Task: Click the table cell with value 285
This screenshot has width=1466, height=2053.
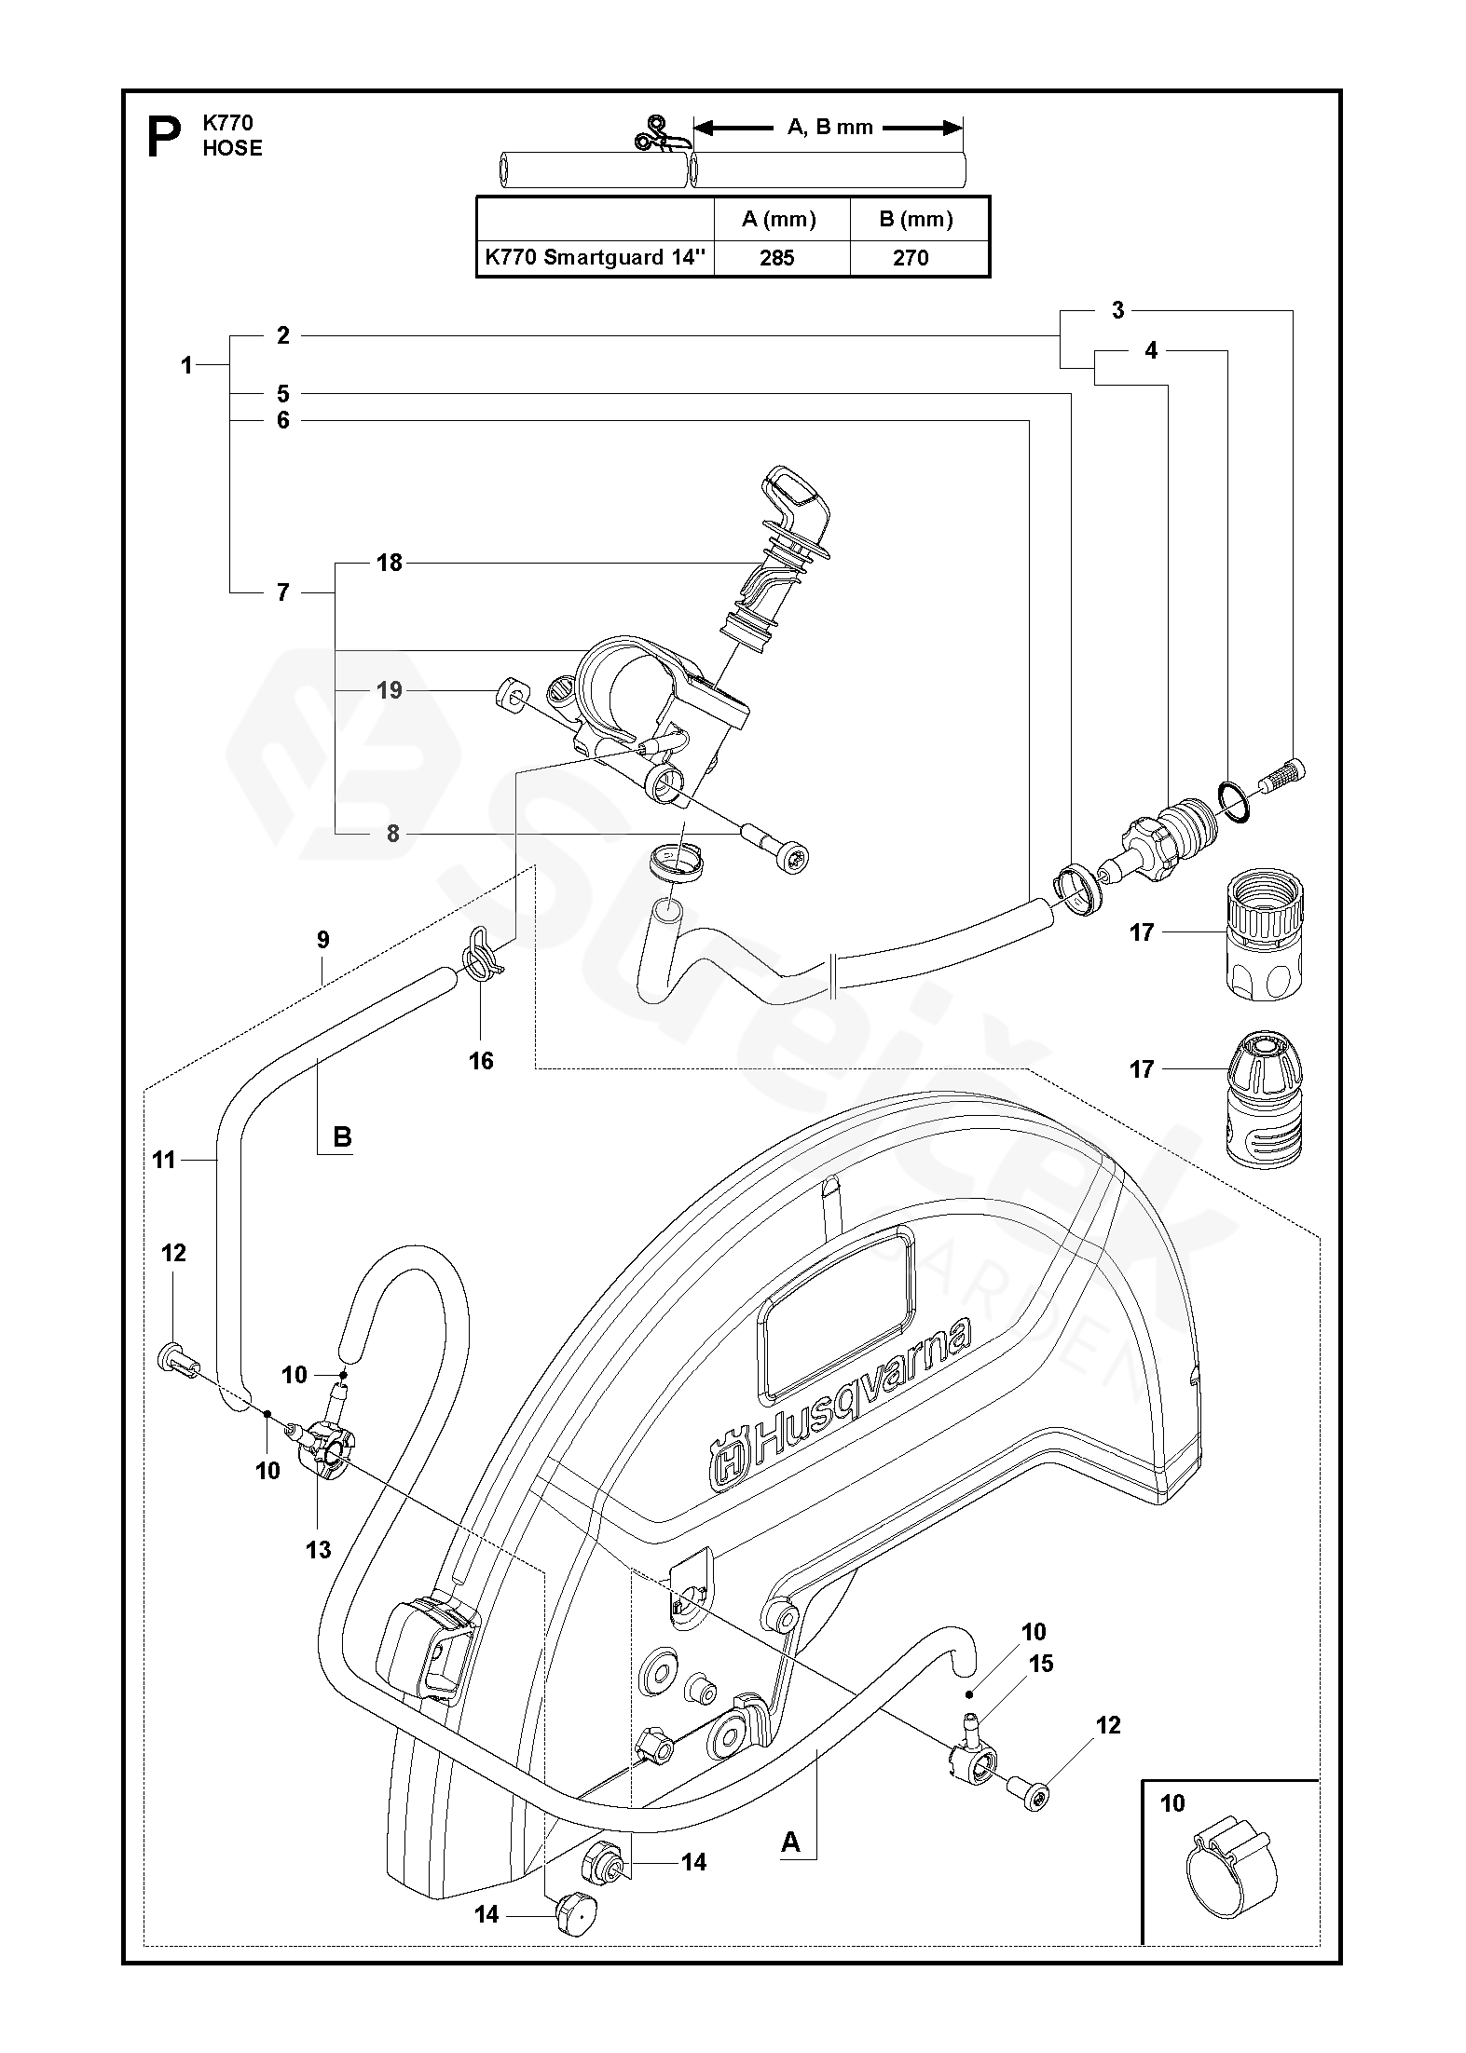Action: click(x=776, y=258)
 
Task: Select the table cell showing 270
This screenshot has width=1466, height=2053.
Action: click(x=911, y=258)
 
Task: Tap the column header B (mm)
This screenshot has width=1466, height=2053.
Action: click(x=916, y=219)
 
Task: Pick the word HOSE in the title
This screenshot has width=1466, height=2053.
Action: click(x=233, y=148)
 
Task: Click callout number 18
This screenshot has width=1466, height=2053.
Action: click(x=390, y=563)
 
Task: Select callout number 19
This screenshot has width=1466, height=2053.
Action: click(x=390, y=690)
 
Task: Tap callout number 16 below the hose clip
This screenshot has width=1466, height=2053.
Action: click(x=481, y=1060)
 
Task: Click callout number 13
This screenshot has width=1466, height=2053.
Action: click(x=318, y=1549)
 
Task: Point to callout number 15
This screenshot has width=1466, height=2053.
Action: click(x=1040, y=1664)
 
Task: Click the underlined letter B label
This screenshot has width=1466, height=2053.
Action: click(x=342, y=1137)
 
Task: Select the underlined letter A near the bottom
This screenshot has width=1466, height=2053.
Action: click(x=790, y=1842)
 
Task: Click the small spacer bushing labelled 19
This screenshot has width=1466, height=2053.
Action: click(x=512, y=694)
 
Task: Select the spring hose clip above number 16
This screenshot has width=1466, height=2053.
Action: click(x=481, y=957)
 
